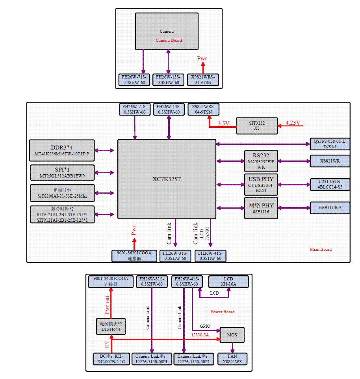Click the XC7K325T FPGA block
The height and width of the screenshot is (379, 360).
[x=167, y=179]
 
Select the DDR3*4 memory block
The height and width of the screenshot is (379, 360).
[x=62, y=150]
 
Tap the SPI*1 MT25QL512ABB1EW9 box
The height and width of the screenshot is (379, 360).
[x=62, y=172]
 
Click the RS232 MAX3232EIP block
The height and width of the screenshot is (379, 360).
[x=260, y=161]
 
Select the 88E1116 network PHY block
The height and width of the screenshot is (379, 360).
[x=260, y=208]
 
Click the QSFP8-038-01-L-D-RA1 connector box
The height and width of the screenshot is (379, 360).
[x=330, y=144]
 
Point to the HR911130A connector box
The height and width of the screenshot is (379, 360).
[x=330, y=207]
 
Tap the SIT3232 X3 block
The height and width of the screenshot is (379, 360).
[x=256, y=125]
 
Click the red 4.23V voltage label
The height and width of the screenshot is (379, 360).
[x=293, y=123]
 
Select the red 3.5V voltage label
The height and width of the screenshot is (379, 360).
[x=223, y=123]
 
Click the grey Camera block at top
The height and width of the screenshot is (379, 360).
[x=167, y=31]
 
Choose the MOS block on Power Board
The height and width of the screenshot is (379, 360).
[x=232, y=335]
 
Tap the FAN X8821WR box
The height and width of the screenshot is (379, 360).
[x=232, y=358]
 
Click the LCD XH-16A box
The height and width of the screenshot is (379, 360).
[x=228, y=281]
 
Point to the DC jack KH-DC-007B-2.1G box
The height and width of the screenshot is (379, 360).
[x=111, y=358]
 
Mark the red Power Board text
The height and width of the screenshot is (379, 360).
[x=223, y=312]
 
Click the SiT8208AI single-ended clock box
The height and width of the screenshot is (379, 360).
[x=62, y=193]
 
